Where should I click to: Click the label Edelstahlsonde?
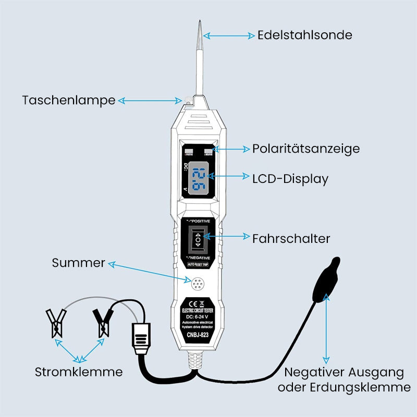(305, 35)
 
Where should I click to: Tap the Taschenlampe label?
(68, 100)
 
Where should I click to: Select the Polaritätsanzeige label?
(306, 149)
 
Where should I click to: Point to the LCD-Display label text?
(290, 179)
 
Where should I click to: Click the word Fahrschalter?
(291, 239)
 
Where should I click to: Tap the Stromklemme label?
(79, 372)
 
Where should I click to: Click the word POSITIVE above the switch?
(200, 221)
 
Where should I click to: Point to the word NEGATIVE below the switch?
(200, 257)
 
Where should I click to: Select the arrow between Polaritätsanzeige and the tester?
(232, 149)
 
